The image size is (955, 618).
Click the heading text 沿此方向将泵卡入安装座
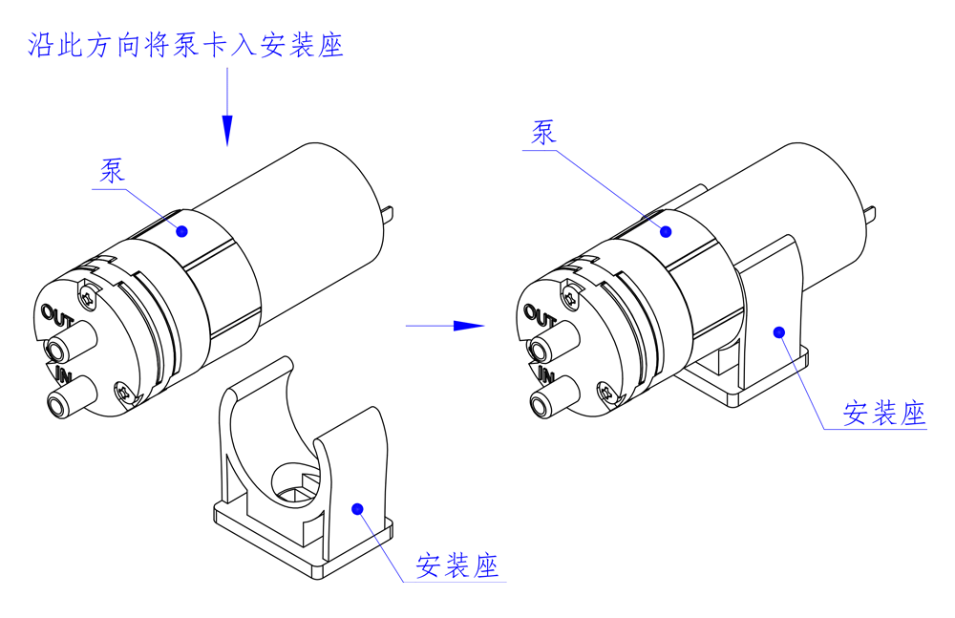[185, 45]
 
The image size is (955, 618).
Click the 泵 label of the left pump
[113, 171]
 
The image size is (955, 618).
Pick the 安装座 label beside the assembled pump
[884, 413]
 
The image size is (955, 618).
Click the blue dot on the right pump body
[668, 230]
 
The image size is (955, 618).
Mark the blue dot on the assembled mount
[779, 332]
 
